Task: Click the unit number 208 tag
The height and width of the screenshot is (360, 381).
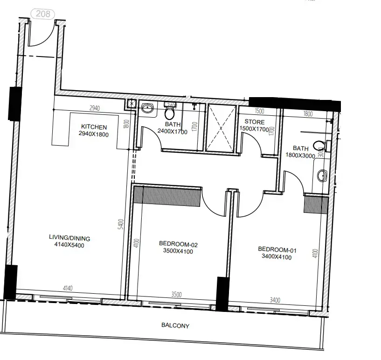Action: pos(42,14)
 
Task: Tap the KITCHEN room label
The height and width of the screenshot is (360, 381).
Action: pos(94,127)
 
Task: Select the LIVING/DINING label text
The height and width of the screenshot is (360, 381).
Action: pos(69,238)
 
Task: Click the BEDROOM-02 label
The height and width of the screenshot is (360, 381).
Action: pos(175,244)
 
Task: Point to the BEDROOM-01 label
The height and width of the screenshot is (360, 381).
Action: pos(277,249)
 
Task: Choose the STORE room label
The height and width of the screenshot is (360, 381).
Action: pos(254,122)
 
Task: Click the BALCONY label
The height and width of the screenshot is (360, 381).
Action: pos(175,326)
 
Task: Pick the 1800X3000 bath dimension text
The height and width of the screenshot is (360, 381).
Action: pos(300,156)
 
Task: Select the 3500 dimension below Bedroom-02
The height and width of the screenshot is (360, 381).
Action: pos(176,294)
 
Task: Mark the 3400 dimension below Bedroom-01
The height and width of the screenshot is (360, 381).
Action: pos(275,300)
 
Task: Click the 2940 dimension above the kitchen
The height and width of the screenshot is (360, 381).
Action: pos(95,109)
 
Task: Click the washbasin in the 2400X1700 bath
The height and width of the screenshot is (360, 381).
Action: pos(147,108)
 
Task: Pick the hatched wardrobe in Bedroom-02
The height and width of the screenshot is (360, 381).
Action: pos(167,195)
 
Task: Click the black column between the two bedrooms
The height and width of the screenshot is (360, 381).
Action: pos(222,294)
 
